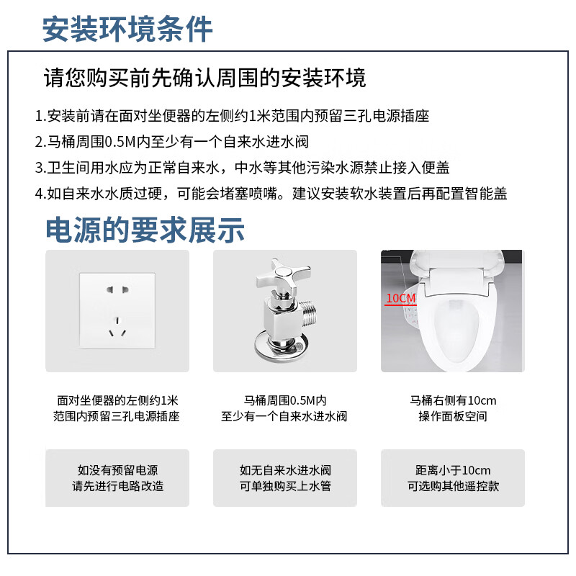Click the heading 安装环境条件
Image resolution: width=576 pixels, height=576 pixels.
point(127,30)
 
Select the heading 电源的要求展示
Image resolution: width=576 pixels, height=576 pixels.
point(145,230)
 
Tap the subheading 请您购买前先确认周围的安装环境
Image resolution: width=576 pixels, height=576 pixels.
point(205,77)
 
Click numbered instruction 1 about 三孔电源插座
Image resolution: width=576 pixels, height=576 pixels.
point(231,116)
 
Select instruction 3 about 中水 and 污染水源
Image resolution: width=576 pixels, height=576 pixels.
point(242,168)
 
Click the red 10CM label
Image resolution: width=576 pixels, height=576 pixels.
point(400,298)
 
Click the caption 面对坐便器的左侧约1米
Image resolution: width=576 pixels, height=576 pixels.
point(117,400)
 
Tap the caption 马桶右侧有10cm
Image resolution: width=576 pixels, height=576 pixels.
point(453,400)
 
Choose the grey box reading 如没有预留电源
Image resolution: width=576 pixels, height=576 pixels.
point(117,478)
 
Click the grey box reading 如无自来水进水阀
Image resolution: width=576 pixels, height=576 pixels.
point(285,478)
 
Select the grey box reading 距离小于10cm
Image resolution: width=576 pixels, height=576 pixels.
point(453,478)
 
